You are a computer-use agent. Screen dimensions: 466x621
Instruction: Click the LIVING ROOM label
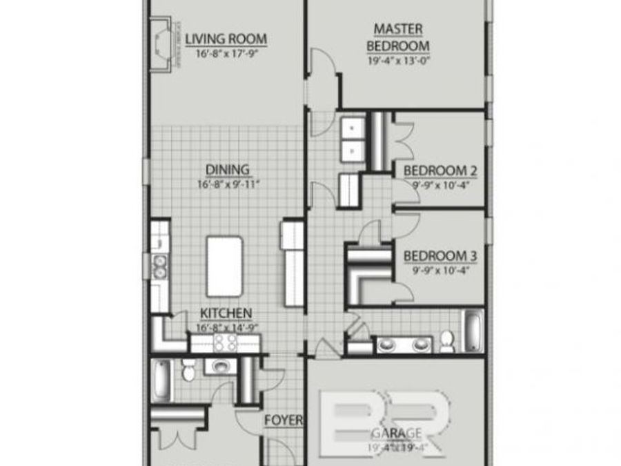coord(226,39)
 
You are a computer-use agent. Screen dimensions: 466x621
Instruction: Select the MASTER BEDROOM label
coord(398,37)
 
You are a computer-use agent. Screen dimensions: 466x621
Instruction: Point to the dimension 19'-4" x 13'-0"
coord(398,60)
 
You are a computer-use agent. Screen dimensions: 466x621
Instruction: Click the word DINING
coord(227,170)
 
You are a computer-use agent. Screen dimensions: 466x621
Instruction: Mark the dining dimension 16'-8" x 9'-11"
coord(227,184)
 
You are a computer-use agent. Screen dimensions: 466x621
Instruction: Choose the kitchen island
coord(224,266)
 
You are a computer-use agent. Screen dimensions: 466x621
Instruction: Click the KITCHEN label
coord(226,313)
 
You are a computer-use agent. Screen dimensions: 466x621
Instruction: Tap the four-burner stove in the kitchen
coord(226,342)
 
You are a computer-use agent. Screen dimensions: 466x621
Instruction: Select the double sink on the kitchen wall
coord(160,266)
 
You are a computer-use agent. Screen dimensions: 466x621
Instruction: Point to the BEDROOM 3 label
coord(441,255)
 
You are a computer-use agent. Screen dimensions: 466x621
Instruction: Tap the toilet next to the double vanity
coord(447,340)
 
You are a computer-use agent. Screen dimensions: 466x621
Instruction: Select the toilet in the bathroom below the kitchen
coord(188,371)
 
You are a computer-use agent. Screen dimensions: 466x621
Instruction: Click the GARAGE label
coord(397,433)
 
